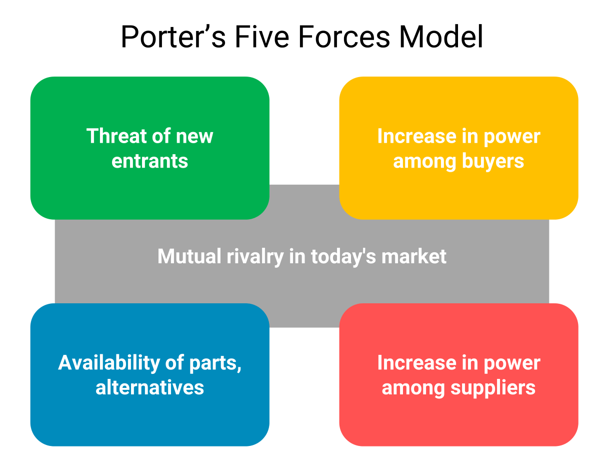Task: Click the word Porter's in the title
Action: coord(173,37)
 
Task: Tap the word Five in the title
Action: coord(262,37)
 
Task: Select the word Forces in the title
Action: coord(344,37)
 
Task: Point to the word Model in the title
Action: coord(441,37)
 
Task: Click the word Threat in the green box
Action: coord(117,136)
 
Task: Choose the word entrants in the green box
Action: coord(149,161)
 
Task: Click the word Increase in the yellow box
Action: coord(417,136)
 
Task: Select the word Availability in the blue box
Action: coord(109,363)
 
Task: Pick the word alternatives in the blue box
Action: coord(149,387)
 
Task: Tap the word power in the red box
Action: coord(512,363)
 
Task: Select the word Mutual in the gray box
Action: coord(189,256)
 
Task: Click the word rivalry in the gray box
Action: coord(255,257)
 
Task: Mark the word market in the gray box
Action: coord(414,256)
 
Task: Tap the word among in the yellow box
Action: coord(425,163)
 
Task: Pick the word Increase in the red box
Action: coord(417,363)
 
